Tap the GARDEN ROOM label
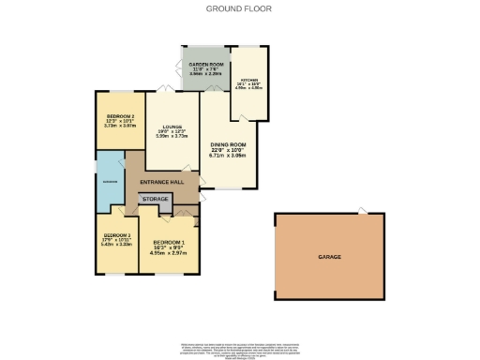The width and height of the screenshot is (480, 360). click(x=204, y=64)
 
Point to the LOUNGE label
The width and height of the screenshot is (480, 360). click(x=171, y=127)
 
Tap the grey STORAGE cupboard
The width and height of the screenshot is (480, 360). click(x=155, y=199)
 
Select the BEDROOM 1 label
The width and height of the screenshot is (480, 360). click(x=170, y=241)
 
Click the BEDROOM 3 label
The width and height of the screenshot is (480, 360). click(x=116, y=234)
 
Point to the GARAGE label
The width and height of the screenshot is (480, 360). click(x=328, y=256)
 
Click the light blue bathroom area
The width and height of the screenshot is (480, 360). click(x=110, y=180)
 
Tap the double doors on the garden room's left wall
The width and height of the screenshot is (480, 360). click(x=179, y=69)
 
